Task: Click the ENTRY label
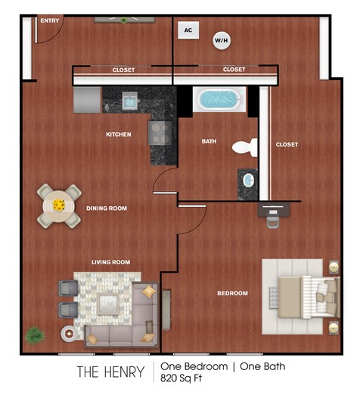[x=49, y=20]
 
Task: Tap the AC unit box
[x=188, y=30]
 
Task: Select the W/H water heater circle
[x=222, y=39]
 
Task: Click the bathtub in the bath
[x=218, y=99]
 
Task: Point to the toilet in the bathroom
[x=244, y=147]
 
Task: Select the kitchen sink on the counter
[x=129, y=100]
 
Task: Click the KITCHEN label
[x=119, y=134]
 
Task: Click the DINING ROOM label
[x=106, y=208]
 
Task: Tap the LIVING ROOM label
[x=110, y=262]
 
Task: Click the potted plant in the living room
[x=34, y=334]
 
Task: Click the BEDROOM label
[x=232, y=292]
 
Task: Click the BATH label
[x=209, y=141]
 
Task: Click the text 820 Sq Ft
[x=181, y=378]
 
